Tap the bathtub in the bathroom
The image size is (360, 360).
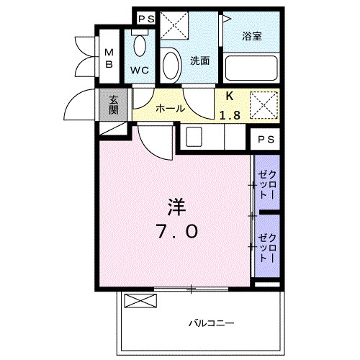251,68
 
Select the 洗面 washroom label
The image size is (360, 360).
199,61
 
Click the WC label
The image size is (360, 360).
140,71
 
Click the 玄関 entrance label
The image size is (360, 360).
114,105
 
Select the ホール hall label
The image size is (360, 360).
171,109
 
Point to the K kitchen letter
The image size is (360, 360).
230,96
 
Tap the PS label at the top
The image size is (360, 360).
146,18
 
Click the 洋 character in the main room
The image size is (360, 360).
176,208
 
